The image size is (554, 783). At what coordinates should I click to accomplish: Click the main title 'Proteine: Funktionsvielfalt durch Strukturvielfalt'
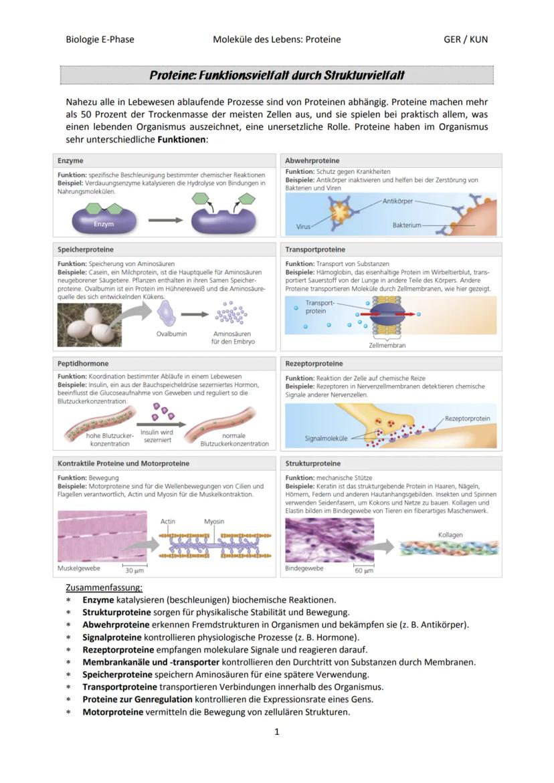[x=276, y=76]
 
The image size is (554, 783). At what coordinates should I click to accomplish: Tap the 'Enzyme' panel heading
[x=70, y=161]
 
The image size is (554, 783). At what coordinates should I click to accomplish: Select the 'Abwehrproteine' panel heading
[x=312, y=161]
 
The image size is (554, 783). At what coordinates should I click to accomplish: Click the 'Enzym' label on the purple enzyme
[x=104, y=224]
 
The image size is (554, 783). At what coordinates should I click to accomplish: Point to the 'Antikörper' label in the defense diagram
[x=398, y=201]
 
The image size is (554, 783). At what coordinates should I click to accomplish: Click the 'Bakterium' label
[x=407, y=225]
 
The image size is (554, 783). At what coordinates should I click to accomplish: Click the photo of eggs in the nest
[x=94, y=324]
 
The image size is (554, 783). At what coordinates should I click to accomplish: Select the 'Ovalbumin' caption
[x=171, y=334]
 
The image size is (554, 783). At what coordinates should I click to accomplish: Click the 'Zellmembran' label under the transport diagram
[x=387, y=346]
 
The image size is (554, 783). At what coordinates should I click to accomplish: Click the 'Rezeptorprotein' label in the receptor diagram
[x=467, y=419]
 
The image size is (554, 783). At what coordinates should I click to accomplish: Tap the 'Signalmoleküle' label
[x=326, y=439]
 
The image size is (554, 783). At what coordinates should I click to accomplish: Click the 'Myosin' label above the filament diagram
[x=214, y=521]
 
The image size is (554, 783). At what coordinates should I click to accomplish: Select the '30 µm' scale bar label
[x=134, y=570]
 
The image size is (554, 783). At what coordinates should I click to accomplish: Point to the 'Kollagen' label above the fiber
[x=450, y=535]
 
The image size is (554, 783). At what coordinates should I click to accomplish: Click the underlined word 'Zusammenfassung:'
[x=104, y=587]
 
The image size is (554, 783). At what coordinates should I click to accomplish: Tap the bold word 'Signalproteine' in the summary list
[x=112, y=637]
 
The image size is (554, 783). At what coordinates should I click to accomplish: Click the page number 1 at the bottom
[x=276, y=732]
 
